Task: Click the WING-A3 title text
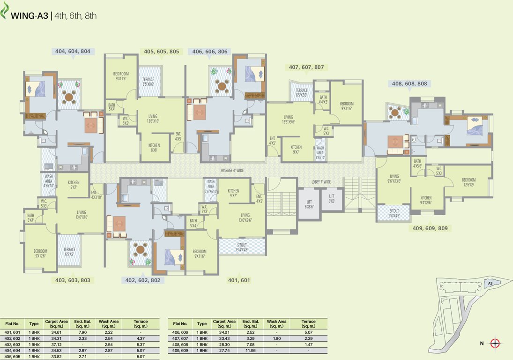29,15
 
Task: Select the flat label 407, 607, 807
306,67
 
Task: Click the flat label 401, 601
239,280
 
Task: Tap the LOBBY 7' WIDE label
321,182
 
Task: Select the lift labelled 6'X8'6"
309,204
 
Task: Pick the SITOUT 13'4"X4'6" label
242,247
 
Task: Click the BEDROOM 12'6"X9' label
468,182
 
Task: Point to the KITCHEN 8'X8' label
154,148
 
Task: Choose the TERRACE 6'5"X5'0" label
302,92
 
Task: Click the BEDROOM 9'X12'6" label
40,253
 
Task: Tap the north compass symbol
495,344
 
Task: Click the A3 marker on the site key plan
490,283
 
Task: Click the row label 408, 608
180,344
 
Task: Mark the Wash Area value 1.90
276,338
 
